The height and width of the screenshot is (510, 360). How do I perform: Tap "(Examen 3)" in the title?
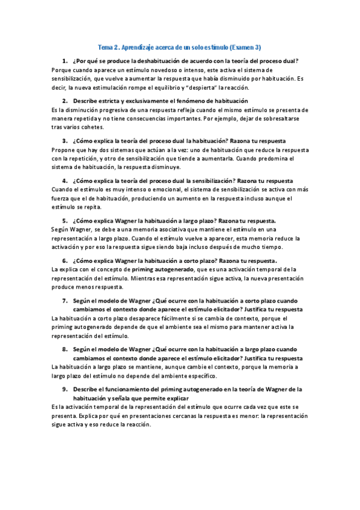(x=245, y=48)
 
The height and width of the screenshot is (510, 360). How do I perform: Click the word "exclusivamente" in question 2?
(x=138, y=100)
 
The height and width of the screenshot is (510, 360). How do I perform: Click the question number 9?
(x=64, y=389)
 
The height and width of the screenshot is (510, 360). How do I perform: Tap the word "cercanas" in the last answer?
(x=153, y=415)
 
